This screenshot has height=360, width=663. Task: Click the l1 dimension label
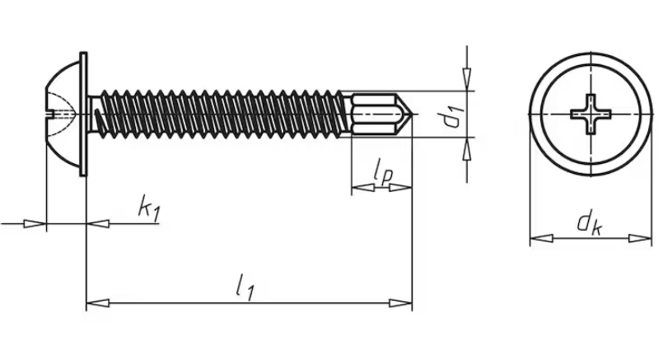pyautogui.click(x=245, y=287)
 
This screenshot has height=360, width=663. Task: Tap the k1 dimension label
pyautogui.click(x=149, y=208)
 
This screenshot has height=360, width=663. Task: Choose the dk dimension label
pyautogui.click(x=590, y=223)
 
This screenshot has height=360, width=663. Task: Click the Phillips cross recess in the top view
pyautogui.click(x=591, y=115)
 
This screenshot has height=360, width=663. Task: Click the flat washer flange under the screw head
pyautogui.click(x=83, y=114)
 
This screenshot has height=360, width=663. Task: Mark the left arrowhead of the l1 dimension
pyautogui.click(x=98, y=303)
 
